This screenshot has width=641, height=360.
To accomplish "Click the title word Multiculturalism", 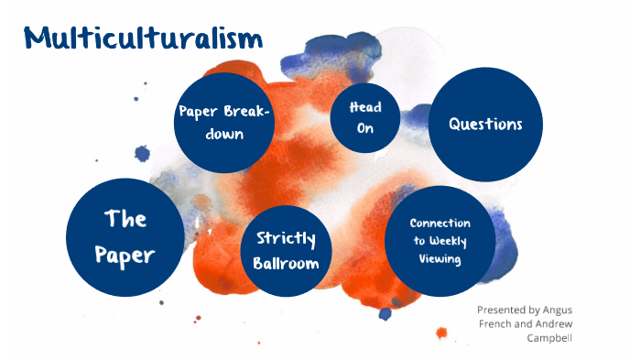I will point(143,38).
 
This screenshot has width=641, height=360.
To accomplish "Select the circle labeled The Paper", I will point(125,236).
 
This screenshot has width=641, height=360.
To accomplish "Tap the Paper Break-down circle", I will point(224,123).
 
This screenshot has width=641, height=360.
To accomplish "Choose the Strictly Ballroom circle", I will point(286,250).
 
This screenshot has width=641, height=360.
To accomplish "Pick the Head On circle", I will point(365,117).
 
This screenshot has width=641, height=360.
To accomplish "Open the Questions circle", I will point(485,124).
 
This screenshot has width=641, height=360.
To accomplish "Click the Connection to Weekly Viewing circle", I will point(440,241).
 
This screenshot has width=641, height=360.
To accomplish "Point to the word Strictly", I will point(286,239).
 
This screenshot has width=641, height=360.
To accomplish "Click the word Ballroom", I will point(287,263).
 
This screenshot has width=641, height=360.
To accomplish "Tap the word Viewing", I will point(440,259).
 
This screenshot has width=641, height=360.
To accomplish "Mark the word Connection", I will point(440,224).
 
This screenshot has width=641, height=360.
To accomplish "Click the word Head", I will point(365,107).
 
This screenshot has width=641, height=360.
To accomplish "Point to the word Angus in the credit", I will point(555,310).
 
